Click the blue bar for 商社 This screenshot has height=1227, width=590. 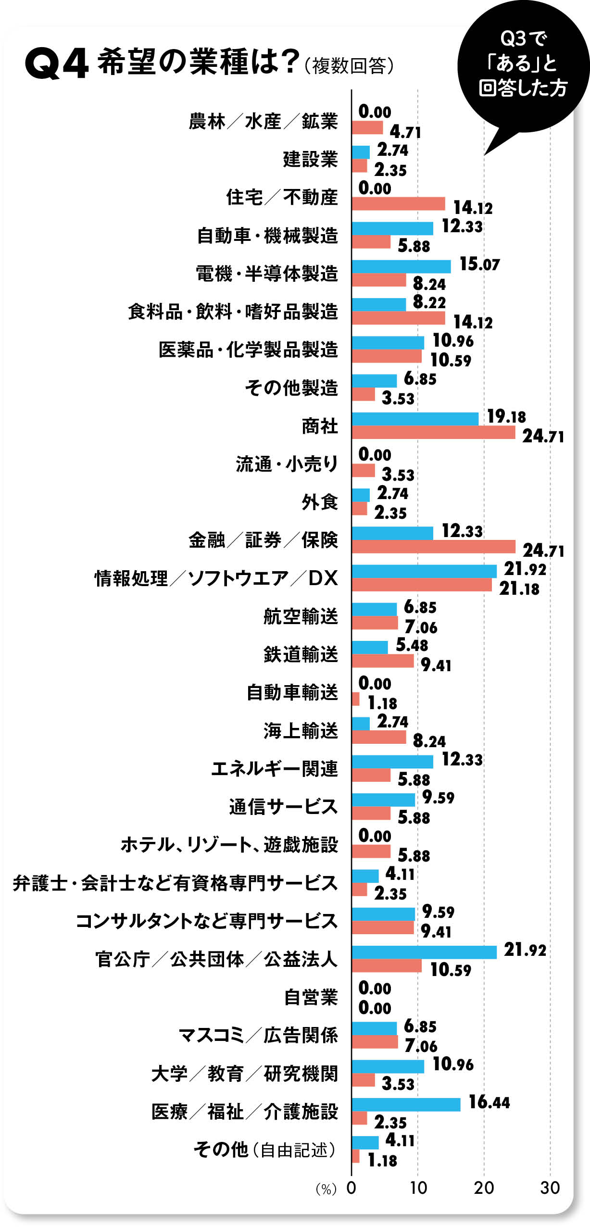(415, 419)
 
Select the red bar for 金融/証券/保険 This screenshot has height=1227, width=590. (433, 547)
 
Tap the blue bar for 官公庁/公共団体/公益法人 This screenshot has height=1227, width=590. (424, 952)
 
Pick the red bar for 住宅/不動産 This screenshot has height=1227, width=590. (398, 204)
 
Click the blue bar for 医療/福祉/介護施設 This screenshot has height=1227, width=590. (406, 1104)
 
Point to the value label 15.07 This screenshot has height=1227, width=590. (479, 264)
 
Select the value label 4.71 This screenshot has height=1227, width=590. (405, 132)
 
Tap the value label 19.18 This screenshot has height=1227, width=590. (506, 416)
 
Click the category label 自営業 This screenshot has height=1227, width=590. (311, 997)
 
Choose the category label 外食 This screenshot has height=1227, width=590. (320, 502)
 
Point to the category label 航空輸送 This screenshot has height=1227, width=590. (301, 616)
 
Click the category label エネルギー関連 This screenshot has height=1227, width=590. (275, 768)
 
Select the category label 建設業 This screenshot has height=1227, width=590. (310, 159)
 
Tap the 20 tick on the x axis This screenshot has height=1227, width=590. (484, 1188)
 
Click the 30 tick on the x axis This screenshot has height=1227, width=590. (550, 1188)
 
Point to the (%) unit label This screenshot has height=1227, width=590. (326, 1189)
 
